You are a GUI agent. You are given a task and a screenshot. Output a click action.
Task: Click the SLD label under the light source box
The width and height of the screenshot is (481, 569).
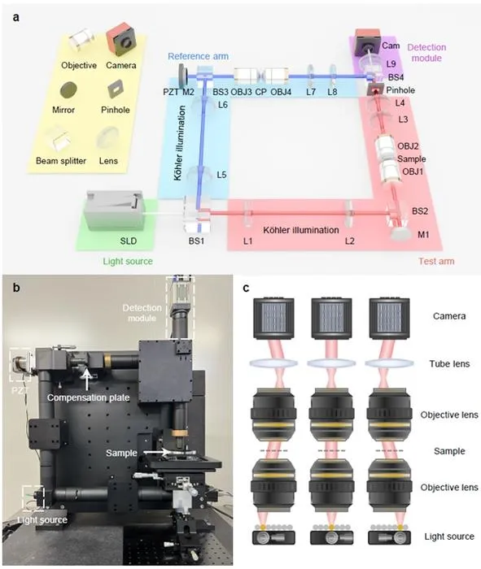point(129,241)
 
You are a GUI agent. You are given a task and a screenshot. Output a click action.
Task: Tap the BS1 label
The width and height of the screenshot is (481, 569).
point(196,241)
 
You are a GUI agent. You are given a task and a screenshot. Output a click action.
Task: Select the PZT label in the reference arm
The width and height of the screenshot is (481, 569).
point(171,92)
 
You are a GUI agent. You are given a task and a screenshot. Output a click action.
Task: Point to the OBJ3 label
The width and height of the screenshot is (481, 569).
point(241,92)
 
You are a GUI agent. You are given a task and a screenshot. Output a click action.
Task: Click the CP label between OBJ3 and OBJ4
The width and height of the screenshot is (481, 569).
point(260,92)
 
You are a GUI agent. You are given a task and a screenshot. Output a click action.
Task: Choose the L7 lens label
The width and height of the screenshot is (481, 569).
point(311,92)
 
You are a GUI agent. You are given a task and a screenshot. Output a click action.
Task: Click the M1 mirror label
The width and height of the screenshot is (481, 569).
point(423,235)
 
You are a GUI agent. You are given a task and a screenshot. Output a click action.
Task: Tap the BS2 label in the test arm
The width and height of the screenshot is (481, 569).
point(420,211)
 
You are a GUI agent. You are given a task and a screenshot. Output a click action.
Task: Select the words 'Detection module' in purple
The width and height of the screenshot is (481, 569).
point(426,53)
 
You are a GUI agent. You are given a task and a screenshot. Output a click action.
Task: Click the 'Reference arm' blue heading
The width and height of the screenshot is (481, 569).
point(199,56)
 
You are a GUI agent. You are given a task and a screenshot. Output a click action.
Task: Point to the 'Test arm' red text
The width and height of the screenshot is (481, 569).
point(436,261)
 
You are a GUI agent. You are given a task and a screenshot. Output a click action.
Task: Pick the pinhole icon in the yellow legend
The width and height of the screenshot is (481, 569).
point(116,89)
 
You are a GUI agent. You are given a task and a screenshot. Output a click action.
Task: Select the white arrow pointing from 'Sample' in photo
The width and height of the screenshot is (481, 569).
point(160,453)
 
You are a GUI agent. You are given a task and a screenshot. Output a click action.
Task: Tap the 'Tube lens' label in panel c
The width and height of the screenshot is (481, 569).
point(449,363)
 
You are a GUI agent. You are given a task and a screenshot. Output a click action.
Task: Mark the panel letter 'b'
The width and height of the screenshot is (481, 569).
point(16,288)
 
